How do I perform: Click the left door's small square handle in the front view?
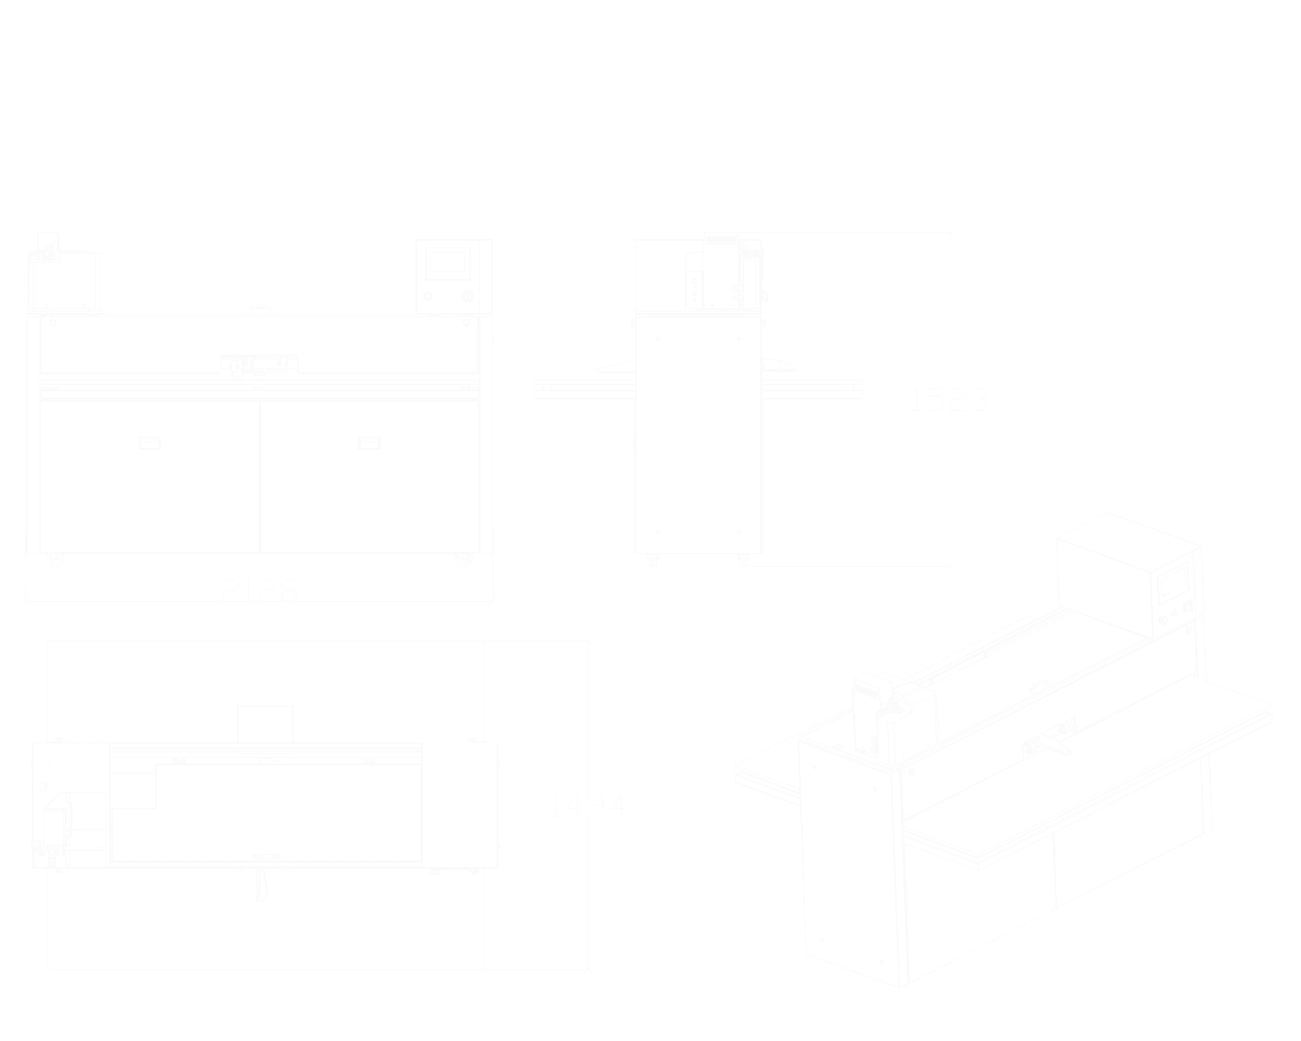pyautogui.click(x=149, y=444)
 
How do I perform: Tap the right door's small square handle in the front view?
pyautogui.click(x=371, y=444)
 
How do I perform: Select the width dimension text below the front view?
pyautogui.click(x=260, y=589)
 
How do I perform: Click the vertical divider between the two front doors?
pyautogui.click(x=259, y=476)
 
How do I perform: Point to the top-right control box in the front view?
pyautogui.click(x=449, y=275)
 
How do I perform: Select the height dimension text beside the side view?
pyautogui.click(x=949, y=399)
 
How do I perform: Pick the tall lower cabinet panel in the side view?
pyautogui.click(x=696, y=435)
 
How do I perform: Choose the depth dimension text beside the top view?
pyautogui.click(x=587, y=807)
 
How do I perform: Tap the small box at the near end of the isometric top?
pyautogui.click(x=894, y=712)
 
